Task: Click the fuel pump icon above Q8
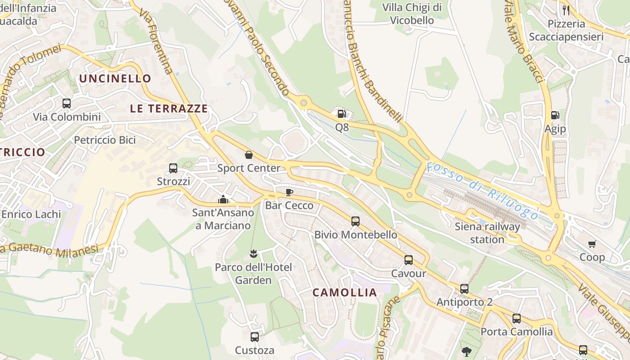(x=342, y=114)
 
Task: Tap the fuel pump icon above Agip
(x=555, y=116)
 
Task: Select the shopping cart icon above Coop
(x=592, y=244)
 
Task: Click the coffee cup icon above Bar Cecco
(x=289, y=193)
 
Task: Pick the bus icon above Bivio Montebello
(x=355, y=221)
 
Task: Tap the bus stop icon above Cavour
(x=409, y=260)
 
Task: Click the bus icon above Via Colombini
(x=67, y=103)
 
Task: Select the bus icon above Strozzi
(x=173, y=168)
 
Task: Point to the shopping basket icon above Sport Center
(x=249, y=155)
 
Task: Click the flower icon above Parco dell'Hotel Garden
(x=253, y=254)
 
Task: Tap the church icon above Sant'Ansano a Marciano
(x=223, y=199)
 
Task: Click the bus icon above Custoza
(x=254, y=337)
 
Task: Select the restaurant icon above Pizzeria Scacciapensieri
(x=566, y=10)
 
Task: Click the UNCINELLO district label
(x=115, y=78)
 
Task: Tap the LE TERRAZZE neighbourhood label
(x=169, y=108)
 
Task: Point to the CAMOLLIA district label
(x=345, y=292)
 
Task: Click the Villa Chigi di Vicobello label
(x=412, y=13)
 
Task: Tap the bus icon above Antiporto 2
(x=464, y=289)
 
